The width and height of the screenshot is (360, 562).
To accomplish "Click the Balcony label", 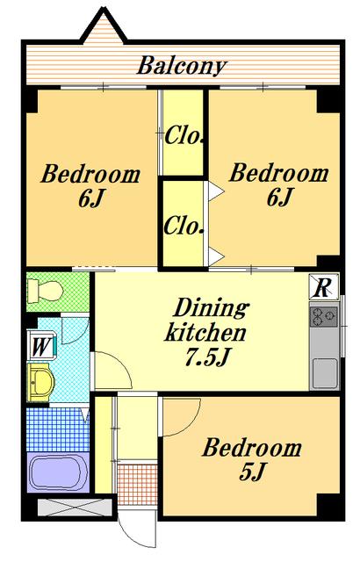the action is click(182, 66).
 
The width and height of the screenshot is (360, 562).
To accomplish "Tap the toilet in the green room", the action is click(45, 291).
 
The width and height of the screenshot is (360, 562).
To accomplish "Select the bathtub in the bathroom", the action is click(58, 472).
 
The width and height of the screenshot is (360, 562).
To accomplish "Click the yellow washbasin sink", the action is click(40, 383).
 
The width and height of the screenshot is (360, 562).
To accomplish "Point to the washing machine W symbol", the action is click(41, 347).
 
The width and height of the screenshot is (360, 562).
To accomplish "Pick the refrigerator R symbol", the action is click(324, 286).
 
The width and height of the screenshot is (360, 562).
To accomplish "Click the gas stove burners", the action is click(324, 316).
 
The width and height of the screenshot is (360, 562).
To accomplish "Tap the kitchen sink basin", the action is click(325, 373).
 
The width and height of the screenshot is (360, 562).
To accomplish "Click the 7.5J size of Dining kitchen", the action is click(207, 357).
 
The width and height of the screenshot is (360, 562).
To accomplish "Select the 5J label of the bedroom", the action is click(252, 472).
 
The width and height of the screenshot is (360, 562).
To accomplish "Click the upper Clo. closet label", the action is click(184, 136).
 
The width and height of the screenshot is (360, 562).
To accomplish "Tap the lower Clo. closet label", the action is click(184, 227).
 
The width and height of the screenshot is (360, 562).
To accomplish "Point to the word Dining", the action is click(212, 308).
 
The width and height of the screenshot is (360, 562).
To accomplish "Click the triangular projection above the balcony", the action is click(103, 28).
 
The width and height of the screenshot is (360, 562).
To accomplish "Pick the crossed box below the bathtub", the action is click(76, 507).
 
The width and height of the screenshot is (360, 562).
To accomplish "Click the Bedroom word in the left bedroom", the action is click(90, 175).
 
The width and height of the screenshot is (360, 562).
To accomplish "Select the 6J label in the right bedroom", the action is click(280, 197).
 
